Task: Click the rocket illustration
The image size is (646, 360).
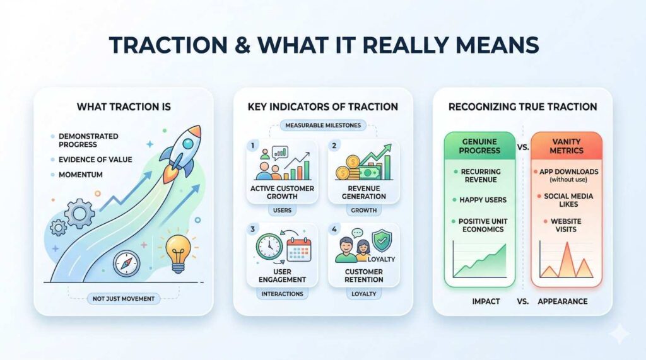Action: (181, 154)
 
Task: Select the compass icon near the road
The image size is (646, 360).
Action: (126, 264)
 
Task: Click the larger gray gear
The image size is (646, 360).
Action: (79, 214)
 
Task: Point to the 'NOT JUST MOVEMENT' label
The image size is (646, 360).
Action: (124, 299)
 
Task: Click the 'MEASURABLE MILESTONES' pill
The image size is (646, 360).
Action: (323, 125)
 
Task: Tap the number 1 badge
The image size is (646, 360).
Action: (252, 146)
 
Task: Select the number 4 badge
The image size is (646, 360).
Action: (334, 229)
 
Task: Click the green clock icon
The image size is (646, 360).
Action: (269, 247)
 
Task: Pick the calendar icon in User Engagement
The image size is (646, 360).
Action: (299, 250)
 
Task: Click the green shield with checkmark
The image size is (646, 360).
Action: (382, 241)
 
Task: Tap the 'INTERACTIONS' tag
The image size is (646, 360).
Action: (282, 294)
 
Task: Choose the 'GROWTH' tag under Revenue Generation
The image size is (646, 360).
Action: (364, 210)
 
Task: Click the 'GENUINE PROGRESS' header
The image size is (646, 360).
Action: (479, 146)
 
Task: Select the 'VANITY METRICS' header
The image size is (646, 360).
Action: (567, 146)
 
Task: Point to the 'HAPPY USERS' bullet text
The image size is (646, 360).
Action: (483, 200)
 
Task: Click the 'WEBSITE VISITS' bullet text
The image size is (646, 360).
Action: (566, 225)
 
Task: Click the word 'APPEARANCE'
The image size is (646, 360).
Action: (562, 301)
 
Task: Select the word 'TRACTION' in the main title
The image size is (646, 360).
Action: (168, 45)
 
